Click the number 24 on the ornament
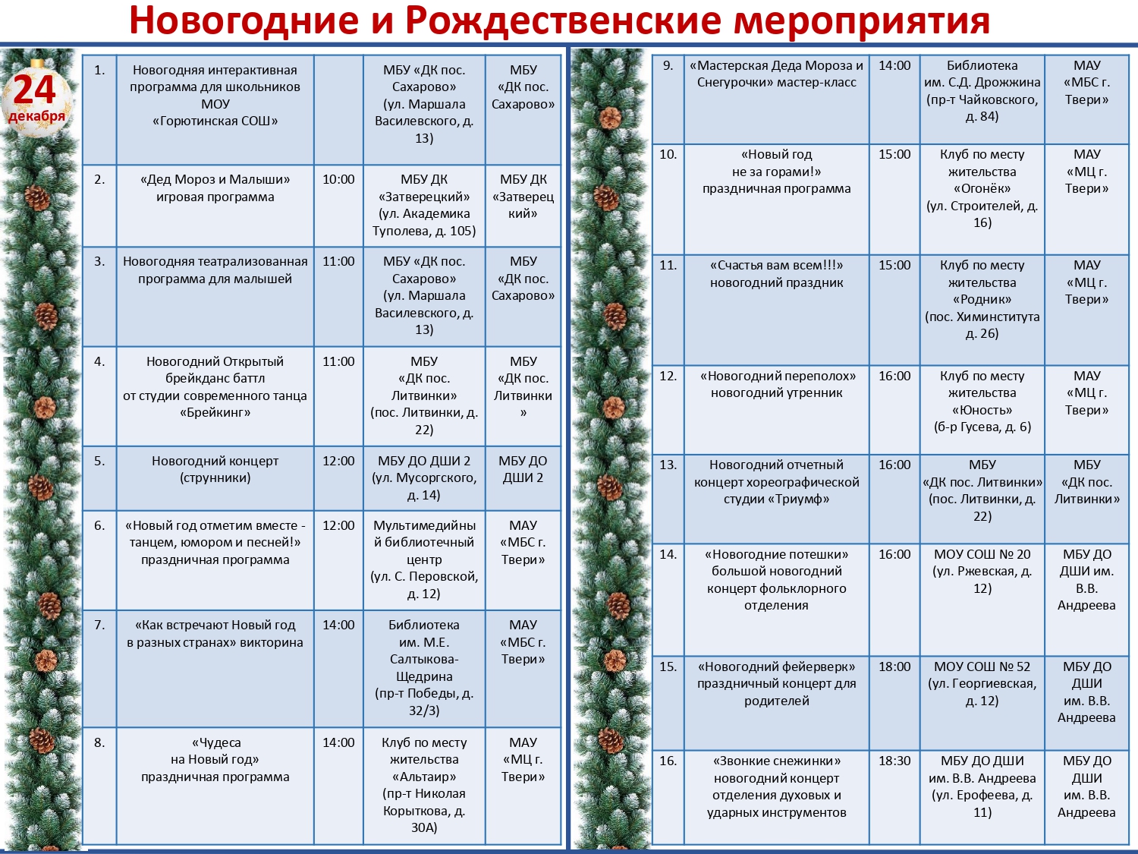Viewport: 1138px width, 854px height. tap(35, 90)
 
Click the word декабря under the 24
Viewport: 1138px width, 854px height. tap(36, 116)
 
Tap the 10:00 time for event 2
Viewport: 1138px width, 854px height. tap(338, 180)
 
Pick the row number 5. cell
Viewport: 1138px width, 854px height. tap(99, 461)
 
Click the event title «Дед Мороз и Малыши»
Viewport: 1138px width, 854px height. tap(215, 180)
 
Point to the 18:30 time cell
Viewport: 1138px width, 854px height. tap(894, 761)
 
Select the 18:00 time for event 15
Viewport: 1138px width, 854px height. tap(894, 666)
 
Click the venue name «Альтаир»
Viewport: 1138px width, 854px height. tap(424, 777)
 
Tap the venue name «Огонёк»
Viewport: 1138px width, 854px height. tap(982, 188)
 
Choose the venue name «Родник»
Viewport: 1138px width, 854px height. tap(982, 299)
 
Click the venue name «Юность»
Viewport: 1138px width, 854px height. tap(982, 410)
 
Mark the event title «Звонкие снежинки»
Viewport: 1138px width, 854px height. tap(776, 761)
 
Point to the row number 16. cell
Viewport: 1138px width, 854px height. tap(668, 761)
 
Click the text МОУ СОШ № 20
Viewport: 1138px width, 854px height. tap(982, 554)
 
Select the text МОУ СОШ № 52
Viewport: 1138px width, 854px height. tap(982, 666)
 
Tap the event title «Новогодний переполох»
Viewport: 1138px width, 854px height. tap(778, 376)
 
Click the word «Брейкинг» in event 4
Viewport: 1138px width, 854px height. tap(215, 412)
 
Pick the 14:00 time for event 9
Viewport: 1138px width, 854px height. tap(894, 66)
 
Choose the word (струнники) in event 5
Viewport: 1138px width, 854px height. tap(215, 477)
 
